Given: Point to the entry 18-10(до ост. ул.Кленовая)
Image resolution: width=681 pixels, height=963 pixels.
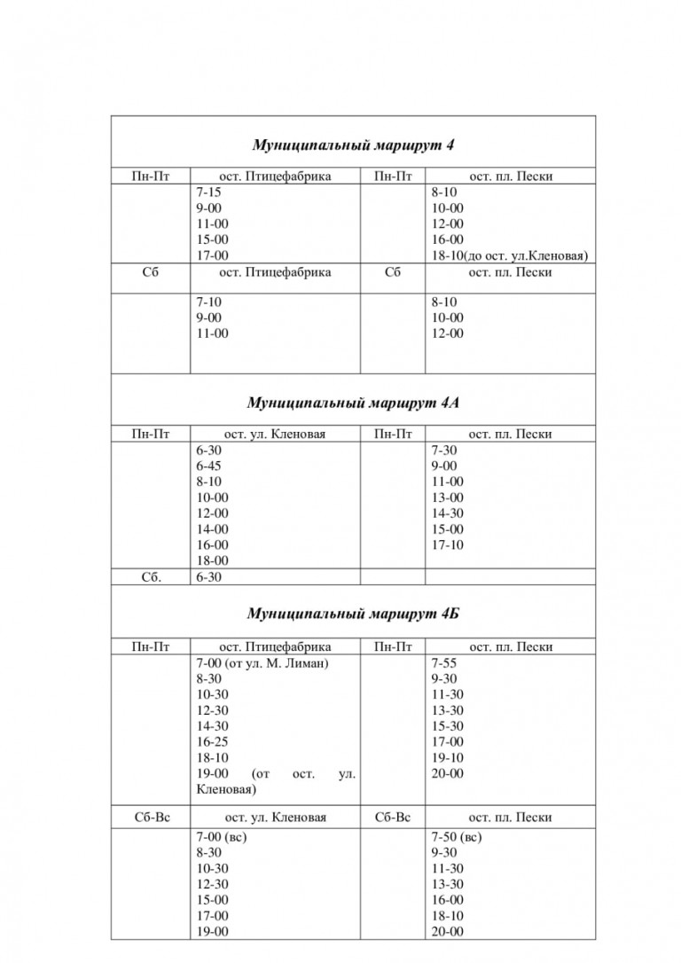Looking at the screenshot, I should click(510, 255).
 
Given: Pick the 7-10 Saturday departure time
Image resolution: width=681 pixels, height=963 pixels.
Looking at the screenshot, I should click(209, 301).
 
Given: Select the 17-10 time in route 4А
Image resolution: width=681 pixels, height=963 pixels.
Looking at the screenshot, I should click(447, 544).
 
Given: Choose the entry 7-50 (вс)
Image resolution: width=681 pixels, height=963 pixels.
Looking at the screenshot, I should click(457, 836).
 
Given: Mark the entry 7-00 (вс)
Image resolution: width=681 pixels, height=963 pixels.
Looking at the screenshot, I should click(222, 836).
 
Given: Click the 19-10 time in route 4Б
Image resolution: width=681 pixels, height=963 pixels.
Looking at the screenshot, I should click(447, 758).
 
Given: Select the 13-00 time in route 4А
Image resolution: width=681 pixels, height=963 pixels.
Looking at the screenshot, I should click(447, 497).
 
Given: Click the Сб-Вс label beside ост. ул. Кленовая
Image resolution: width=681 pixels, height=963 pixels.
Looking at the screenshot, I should click(150, 817).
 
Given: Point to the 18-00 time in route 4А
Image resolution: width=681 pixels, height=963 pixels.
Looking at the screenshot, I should click(212, 560).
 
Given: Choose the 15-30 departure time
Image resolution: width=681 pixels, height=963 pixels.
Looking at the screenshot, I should click(447, 726).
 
